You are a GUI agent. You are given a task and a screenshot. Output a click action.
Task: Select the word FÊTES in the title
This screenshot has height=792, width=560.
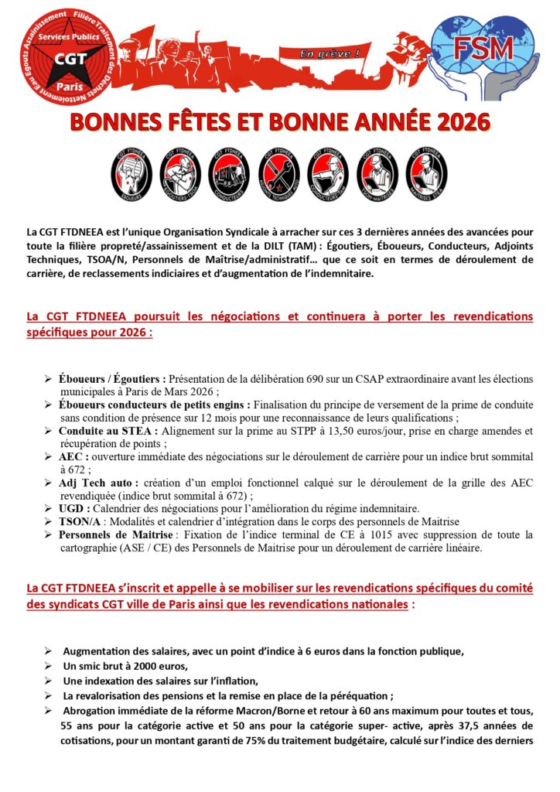[200, 122]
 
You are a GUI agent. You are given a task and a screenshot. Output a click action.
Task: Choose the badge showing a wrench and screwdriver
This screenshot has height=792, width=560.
[279, 176]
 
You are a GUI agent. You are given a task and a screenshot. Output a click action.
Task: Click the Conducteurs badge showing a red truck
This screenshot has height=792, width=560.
[230, 176]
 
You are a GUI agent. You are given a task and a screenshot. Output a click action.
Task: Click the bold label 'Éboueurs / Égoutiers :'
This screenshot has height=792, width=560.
[112, 379]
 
